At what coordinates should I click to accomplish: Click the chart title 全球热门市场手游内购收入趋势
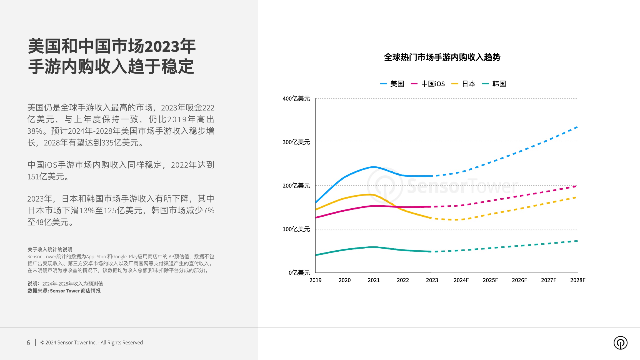click(442, 57)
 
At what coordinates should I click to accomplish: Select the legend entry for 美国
click(392, 84)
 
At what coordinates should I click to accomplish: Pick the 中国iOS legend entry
click(428, 84)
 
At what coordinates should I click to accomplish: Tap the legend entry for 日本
click(463, 84)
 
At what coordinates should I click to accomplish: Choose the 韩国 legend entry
click(494, 84)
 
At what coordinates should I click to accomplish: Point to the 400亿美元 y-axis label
click(296, 99)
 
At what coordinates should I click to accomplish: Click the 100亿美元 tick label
click(296, 229)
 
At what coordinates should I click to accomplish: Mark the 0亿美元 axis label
click(299, 273)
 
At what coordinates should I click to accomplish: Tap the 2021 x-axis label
click(374, 280)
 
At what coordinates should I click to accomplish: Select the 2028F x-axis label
click(577, 280)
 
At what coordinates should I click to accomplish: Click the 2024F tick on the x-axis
click(461, 280)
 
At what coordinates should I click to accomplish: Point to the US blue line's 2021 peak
click(374, 167)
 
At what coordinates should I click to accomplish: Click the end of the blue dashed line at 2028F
click(577, 127)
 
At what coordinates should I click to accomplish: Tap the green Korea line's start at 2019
click(316, 255)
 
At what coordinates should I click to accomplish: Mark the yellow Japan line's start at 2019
click(316, 209)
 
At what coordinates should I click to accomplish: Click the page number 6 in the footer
click(28, 343)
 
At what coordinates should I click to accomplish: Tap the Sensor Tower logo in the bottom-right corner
click(620, 343)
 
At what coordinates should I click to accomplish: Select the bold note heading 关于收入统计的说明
click(50, 249)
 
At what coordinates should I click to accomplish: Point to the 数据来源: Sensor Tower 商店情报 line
click(64, 291)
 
